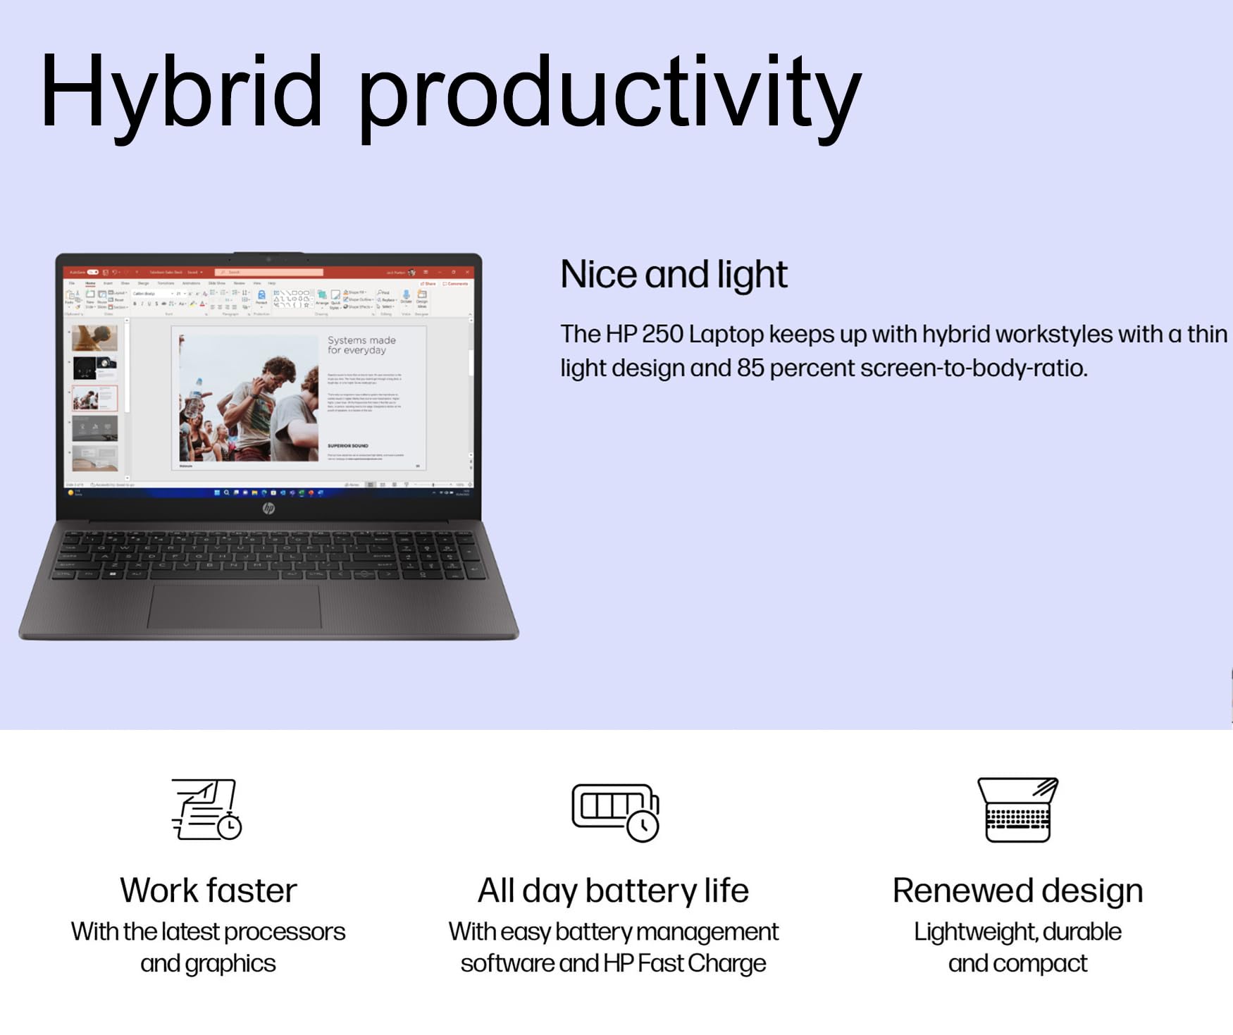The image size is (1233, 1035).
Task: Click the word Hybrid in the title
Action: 181,92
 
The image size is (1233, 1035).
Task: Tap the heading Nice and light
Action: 674,274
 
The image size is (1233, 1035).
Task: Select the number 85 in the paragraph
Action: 750,368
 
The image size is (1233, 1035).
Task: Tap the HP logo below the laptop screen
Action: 268,508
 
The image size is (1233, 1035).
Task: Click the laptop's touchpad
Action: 234,605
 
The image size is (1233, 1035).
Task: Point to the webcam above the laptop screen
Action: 268,259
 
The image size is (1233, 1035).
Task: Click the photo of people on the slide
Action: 249,398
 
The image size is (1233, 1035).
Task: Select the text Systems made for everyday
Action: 361,345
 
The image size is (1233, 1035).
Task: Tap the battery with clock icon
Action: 615,812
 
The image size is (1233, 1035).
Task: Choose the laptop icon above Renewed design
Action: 1018,810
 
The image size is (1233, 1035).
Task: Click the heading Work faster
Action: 209,891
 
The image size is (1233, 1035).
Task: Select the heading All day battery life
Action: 613,891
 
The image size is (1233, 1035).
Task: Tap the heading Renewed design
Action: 1017,891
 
